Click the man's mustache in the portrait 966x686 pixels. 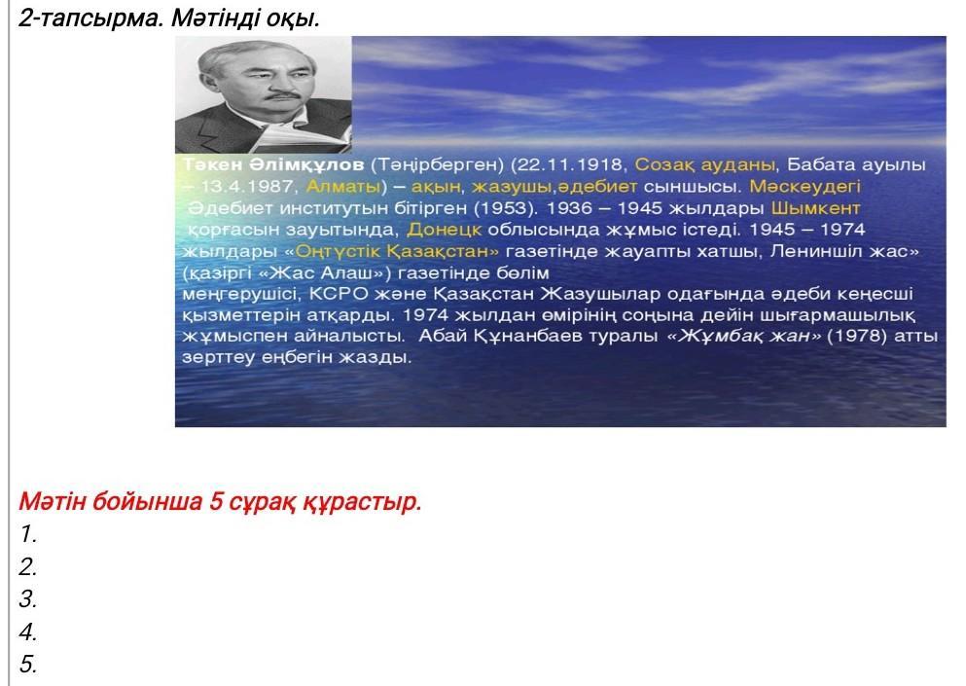pyautogui.click(x=284, y=95)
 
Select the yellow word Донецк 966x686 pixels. pyautogui.click(x=445, y=230)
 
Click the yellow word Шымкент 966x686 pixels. pyautogui.click(x=815, y=207)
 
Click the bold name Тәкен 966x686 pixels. pyautogui.click(x=212, y=164)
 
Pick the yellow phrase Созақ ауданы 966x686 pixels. pyautogui.click(x=704, y=164)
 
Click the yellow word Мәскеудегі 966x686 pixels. pyautogui.click(x=805, y=186)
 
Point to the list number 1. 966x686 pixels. pyautogui.click(x=27, y=534)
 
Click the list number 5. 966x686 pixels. pyautogui.click(x=27, y=664)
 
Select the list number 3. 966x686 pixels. pyautogui.click(x=27, y=598)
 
